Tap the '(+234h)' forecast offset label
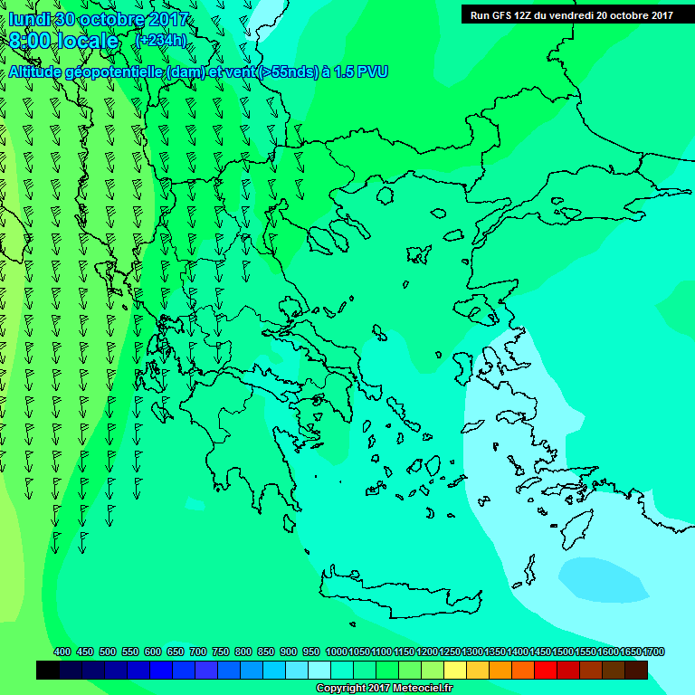click(x=161, y=41)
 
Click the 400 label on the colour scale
click(x=62, y=652)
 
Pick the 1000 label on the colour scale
click(x=336, y=652)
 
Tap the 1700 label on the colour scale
click(x=653, y=652)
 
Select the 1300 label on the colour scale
click(x=472, y=652)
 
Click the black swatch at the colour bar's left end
click(x=48, y=671)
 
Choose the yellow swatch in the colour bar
click(x=455, y=671)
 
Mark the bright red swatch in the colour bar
click(x=546, y=671)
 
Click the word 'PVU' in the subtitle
click(x=372, y=71)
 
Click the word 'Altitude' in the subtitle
click(x=35, y=71)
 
